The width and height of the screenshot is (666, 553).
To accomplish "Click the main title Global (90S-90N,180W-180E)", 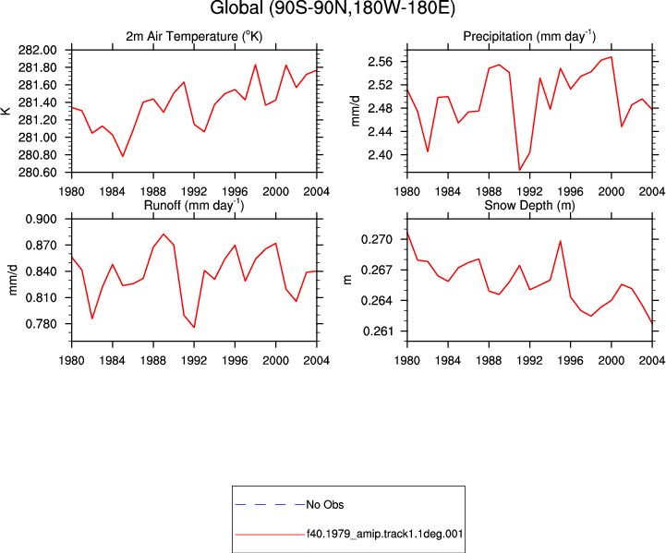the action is click(x=333, y=7).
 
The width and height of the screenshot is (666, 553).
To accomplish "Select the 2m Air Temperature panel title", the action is click(x=194, y=37).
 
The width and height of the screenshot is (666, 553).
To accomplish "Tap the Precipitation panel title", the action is click(x=529, y=37).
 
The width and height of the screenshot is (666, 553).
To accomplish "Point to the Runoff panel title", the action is click(x=194, y=205).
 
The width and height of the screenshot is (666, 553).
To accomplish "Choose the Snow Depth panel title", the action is click(x=529, y=205).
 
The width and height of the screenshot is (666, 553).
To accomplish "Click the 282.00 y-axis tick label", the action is click(x=37, y=50).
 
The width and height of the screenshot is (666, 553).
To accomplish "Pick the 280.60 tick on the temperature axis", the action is click(x=37, y=173).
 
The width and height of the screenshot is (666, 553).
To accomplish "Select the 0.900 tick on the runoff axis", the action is click(x=41, y=219).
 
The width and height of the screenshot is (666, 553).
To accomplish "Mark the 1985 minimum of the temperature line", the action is click(x=123, y=156).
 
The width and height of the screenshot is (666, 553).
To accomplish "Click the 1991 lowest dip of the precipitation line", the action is click(x=519, y=170).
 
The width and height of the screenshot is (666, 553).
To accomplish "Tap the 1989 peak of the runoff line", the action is click(x=163, y=234).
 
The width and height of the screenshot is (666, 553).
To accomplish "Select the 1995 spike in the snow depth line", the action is click(x=561, y=241).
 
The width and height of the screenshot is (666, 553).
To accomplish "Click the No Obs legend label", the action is click(x=325, y=505).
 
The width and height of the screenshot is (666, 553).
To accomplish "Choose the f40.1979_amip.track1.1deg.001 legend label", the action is click(x=385, y=534).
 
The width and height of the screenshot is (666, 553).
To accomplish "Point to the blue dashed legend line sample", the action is click(x=270, y=505).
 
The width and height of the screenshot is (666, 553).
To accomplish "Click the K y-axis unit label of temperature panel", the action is click(x=6, y=111).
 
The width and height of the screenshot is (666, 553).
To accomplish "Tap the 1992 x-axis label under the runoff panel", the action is click(x=194, y=360).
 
